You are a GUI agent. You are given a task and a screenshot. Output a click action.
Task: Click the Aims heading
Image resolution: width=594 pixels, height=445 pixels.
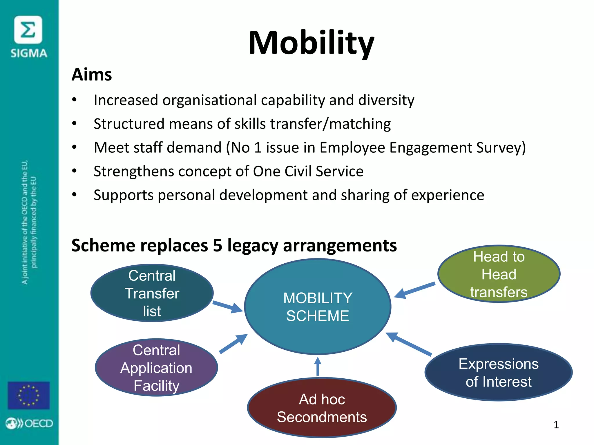(92, 74)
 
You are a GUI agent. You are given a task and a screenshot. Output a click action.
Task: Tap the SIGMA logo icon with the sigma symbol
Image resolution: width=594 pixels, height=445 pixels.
(28, 30)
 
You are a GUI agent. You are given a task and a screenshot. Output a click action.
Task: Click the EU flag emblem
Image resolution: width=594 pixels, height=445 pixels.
(29, 395)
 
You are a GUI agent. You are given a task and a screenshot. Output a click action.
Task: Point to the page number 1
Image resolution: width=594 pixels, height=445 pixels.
(556, 425)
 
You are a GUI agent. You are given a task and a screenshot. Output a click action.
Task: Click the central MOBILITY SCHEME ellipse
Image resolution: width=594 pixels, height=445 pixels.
(318, 307)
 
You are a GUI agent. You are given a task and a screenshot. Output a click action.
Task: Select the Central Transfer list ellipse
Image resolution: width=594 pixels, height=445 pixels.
(152, 293)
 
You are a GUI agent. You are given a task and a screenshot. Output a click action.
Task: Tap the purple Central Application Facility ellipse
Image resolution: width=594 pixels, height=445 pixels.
(156, 367)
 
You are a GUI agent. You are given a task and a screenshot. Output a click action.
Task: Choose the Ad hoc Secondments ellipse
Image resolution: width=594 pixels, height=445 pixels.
(322, 408)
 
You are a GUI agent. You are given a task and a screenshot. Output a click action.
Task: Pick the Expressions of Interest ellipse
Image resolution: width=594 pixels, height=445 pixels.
(498, 372)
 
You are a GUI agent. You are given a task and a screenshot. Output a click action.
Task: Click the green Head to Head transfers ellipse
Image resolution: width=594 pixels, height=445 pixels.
(499, 274)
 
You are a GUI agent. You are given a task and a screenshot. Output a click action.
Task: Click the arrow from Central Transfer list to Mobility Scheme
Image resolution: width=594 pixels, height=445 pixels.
(228, 307)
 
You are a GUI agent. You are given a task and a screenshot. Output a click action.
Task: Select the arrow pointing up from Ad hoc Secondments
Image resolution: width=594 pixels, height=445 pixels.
(318, 366)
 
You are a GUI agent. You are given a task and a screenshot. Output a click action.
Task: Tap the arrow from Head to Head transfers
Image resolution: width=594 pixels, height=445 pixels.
(415, 290)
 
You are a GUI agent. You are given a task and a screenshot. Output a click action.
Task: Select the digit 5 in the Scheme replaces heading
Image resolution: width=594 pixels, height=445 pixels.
(218, 245)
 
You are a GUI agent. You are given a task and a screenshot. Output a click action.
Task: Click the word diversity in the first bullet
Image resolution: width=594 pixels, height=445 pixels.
(386, 100)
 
